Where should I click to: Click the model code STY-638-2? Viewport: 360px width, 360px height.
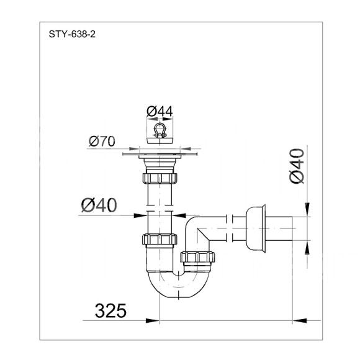point(72,34)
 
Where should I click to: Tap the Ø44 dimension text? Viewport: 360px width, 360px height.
point(160,112)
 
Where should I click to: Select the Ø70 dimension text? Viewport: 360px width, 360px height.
point(102,141)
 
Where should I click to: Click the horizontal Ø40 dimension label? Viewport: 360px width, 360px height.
point(99,205)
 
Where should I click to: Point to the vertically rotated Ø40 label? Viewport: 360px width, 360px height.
point(297,166)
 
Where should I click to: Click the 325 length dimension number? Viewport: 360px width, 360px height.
point(110,310)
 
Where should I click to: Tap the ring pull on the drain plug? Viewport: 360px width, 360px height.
point(160,130)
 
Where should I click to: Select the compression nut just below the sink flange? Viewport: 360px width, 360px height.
point(160,178)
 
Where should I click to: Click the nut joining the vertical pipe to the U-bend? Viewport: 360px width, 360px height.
point(160,239)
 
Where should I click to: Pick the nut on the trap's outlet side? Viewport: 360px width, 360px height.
point(197,257)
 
